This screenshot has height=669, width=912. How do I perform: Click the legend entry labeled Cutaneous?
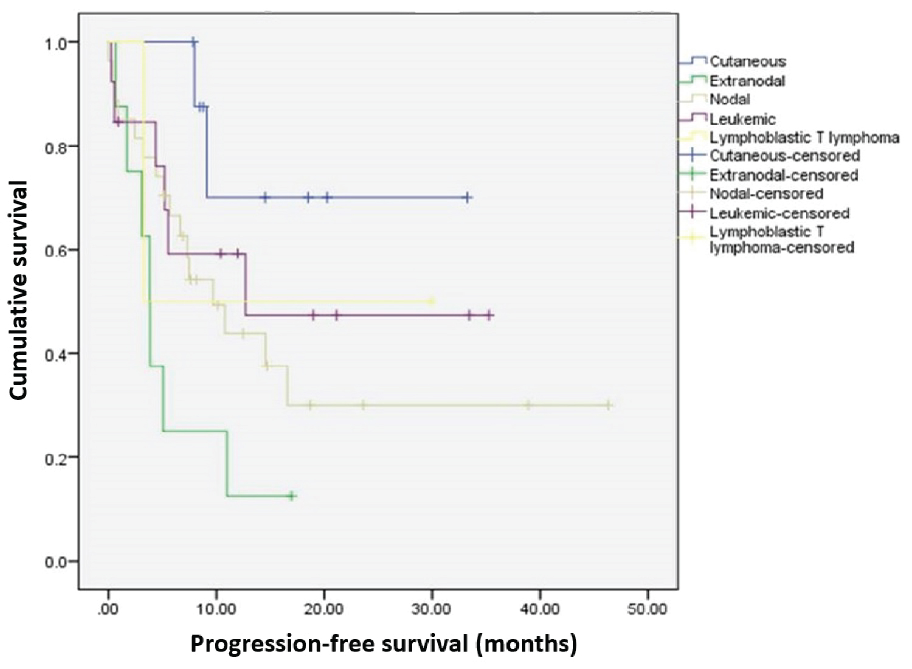pos(747,61)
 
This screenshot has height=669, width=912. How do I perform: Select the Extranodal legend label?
pos(747,81)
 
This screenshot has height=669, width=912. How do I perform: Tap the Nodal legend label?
pos(730,99)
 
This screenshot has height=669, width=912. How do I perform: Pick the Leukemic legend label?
pos(742,119)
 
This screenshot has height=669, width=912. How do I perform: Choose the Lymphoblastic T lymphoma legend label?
pos(804,137)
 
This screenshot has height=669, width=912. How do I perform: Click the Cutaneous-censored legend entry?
pos(784,156)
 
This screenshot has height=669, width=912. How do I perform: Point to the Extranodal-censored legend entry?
pos(784,175)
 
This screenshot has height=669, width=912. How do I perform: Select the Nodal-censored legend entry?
pos(766,194)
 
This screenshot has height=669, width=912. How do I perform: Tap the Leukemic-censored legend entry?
pos(779,213)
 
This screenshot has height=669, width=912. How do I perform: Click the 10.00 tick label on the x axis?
pos(216,609)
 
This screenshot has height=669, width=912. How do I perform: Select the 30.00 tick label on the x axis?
pos(431,609)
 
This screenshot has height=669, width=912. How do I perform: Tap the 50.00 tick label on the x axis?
pos(647,609)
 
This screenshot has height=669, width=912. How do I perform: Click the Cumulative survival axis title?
pos(19,289)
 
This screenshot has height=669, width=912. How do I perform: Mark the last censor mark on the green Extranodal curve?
pos(291,496)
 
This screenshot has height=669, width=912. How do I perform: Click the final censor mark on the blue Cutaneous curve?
pos(467,198)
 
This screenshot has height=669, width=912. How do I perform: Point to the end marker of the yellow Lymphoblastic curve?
pos(432,301)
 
